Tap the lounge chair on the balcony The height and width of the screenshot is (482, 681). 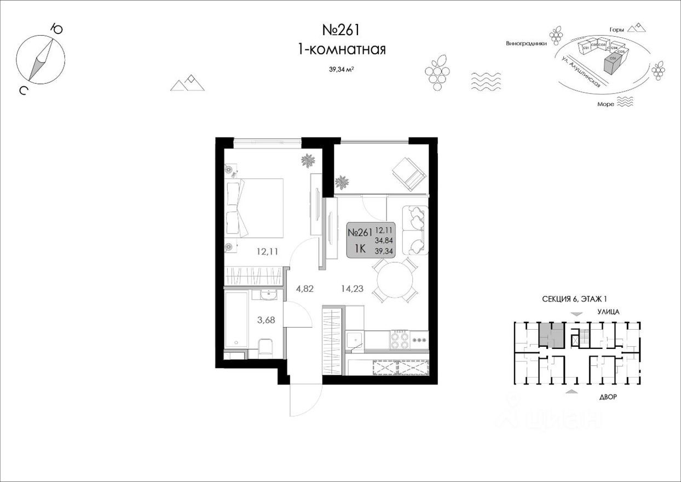(408, 173)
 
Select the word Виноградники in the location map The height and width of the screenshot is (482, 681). (526, 43)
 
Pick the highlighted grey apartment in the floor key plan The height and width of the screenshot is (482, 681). (550, 335)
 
